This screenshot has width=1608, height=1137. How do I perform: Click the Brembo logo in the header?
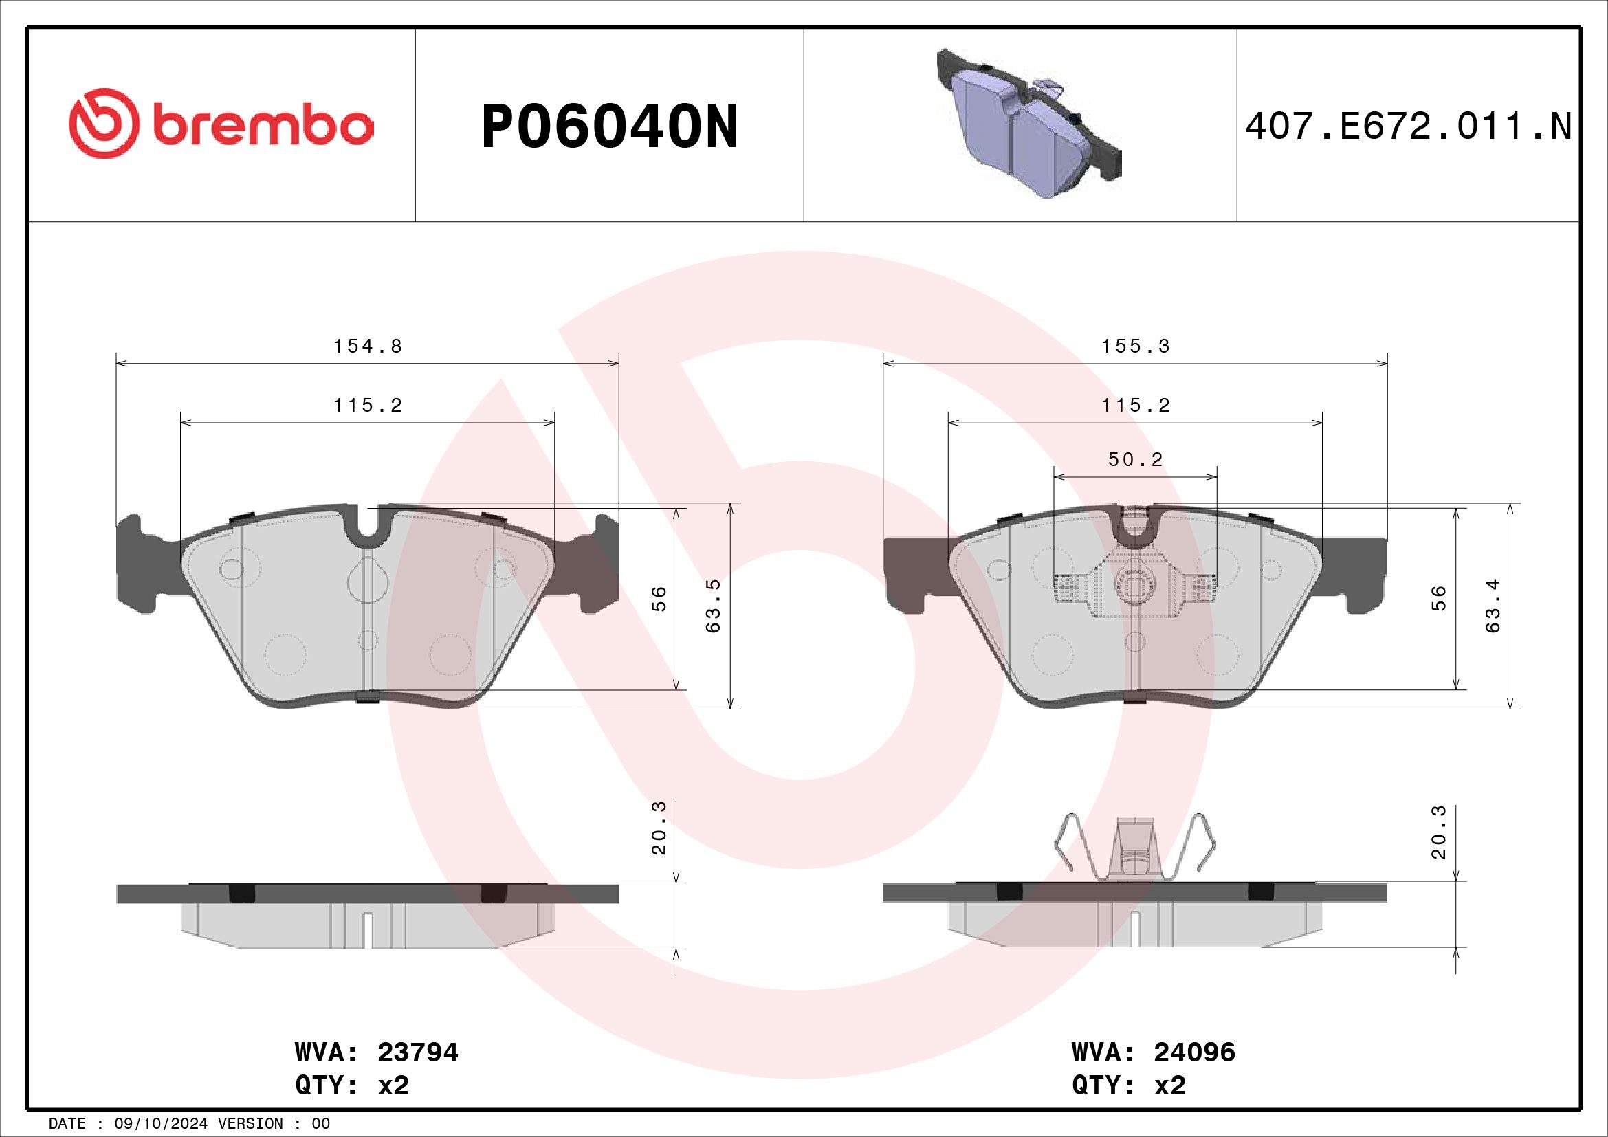pyautogui.click(x=221, y=123)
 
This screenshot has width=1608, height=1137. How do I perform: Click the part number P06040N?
pyautogui.click(x=609, y=126)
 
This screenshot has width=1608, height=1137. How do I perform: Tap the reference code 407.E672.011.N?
pyautogui.click(x=1409, y=126)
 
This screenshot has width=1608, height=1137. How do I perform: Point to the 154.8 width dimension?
pyautogui.click(x=368, y=346)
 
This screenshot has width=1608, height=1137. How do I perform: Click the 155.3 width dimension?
pyautogui.click(x=1135, y=346)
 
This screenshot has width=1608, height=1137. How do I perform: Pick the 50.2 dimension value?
pyautogui.click(x=1135, y=459)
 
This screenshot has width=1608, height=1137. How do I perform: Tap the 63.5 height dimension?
pyautogui.click(x=712, y=606)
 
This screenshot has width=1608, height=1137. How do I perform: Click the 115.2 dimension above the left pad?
pyautogui.click(x=368, y=405)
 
